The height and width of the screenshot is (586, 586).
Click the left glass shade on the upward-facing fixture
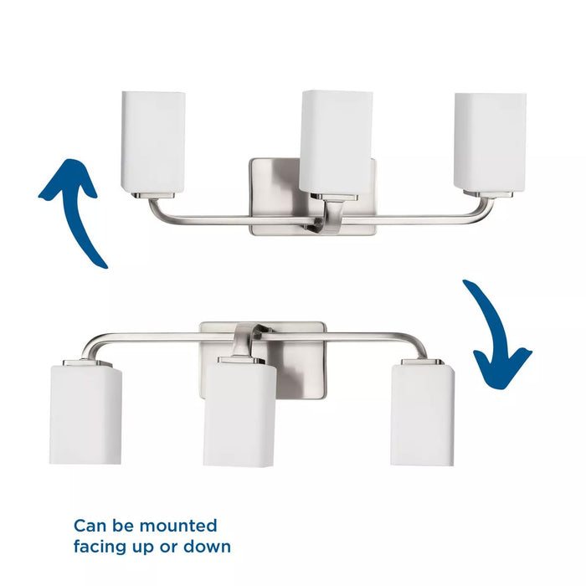(x=152, y=141)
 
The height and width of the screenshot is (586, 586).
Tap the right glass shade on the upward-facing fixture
(x=490, y=140)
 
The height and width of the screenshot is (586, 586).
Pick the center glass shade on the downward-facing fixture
(x=239, y=413)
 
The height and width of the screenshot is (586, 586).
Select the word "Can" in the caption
(x=90, y=526)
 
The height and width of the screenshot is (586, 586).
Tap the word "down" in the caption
(x=208, y=547)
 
